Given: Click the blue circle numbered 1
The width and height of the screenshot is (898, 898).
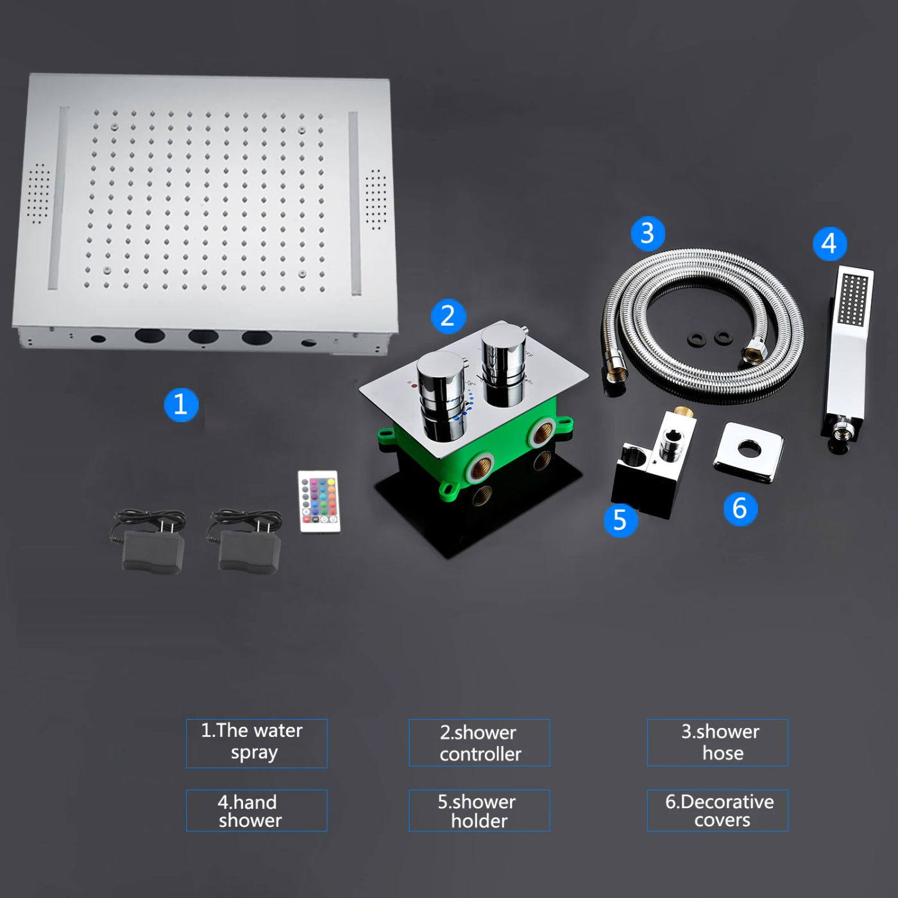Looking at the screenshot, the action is pyautogui.click(x=182, y=405).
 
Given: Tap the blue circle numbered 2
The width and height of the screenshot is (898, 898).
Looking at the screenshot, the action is pyautogui.click(x=448, y=316).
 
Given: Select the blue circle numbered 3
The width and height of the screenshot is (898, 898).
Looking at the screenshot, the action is pyautogui.click(x=648, y=233).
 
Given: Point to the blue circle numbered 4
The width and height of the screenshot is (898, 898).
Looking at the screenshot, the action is pyautogui.click(x=829, y=244).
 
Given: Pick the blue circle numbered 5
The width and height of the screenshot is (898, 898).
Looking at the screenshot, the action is pyautogui.click(x=621, y=520).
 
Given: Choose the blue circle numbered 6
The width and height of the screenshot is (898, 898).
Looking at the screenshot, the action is pyautogui.click(x=740, y=509).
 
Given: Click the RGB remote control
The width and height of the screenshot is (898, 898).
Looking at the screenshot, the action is pyautogui.click(x=319, y=502).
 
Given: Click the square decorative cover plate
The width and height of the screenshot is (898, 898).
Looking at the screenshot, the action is pyautogui.click(x=749, y=452).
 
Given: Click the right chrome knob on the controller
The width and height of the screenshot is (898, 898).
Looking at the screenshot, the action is pyautogui.click(x=504, y=366).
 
